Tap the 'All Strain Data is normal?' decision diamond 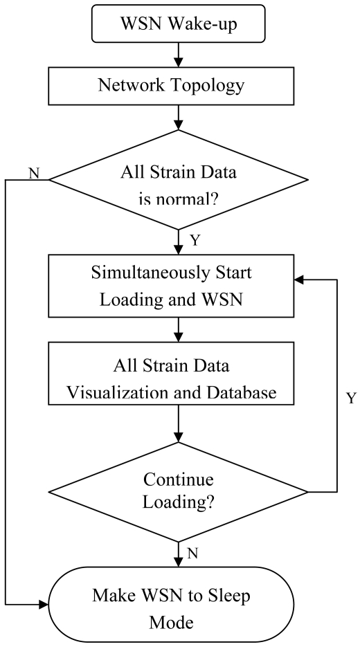(x=179, y=181)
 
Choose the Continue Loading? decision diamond (x=179, y=492)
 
